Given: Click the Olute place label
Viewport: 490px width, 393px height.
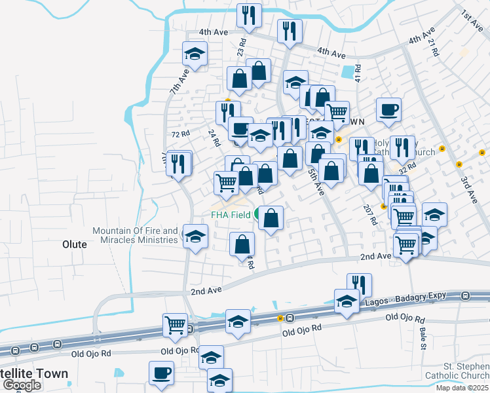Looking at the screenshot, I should [74, 244].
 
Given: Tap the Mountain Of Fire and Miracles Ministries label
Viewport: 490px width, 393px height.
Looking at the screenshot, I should [135, 235].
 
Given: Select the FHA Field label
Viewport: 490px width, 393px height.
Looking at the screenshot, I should [230, 214].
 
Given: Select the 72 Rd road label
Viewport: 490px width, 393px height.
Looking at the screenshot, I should [180, 134].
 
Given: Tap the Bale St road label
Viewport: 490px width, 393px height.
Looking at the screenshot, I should [423, 338].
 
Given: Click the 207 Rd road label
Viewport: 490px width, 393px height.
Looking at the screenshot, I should [371, 214].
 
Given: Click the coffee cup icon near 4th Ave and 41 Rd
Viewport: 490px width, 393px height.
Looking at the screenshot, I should [388, 109].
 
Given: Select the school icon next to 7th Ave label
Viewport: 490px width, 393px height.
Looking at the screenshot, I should [195, 54].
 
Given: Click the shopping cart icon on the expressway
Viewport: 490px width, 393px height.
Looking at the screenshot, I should [175, 324].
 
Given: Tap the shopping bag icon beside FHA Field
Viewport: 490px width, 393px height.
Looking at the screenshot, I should [271, 217].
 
